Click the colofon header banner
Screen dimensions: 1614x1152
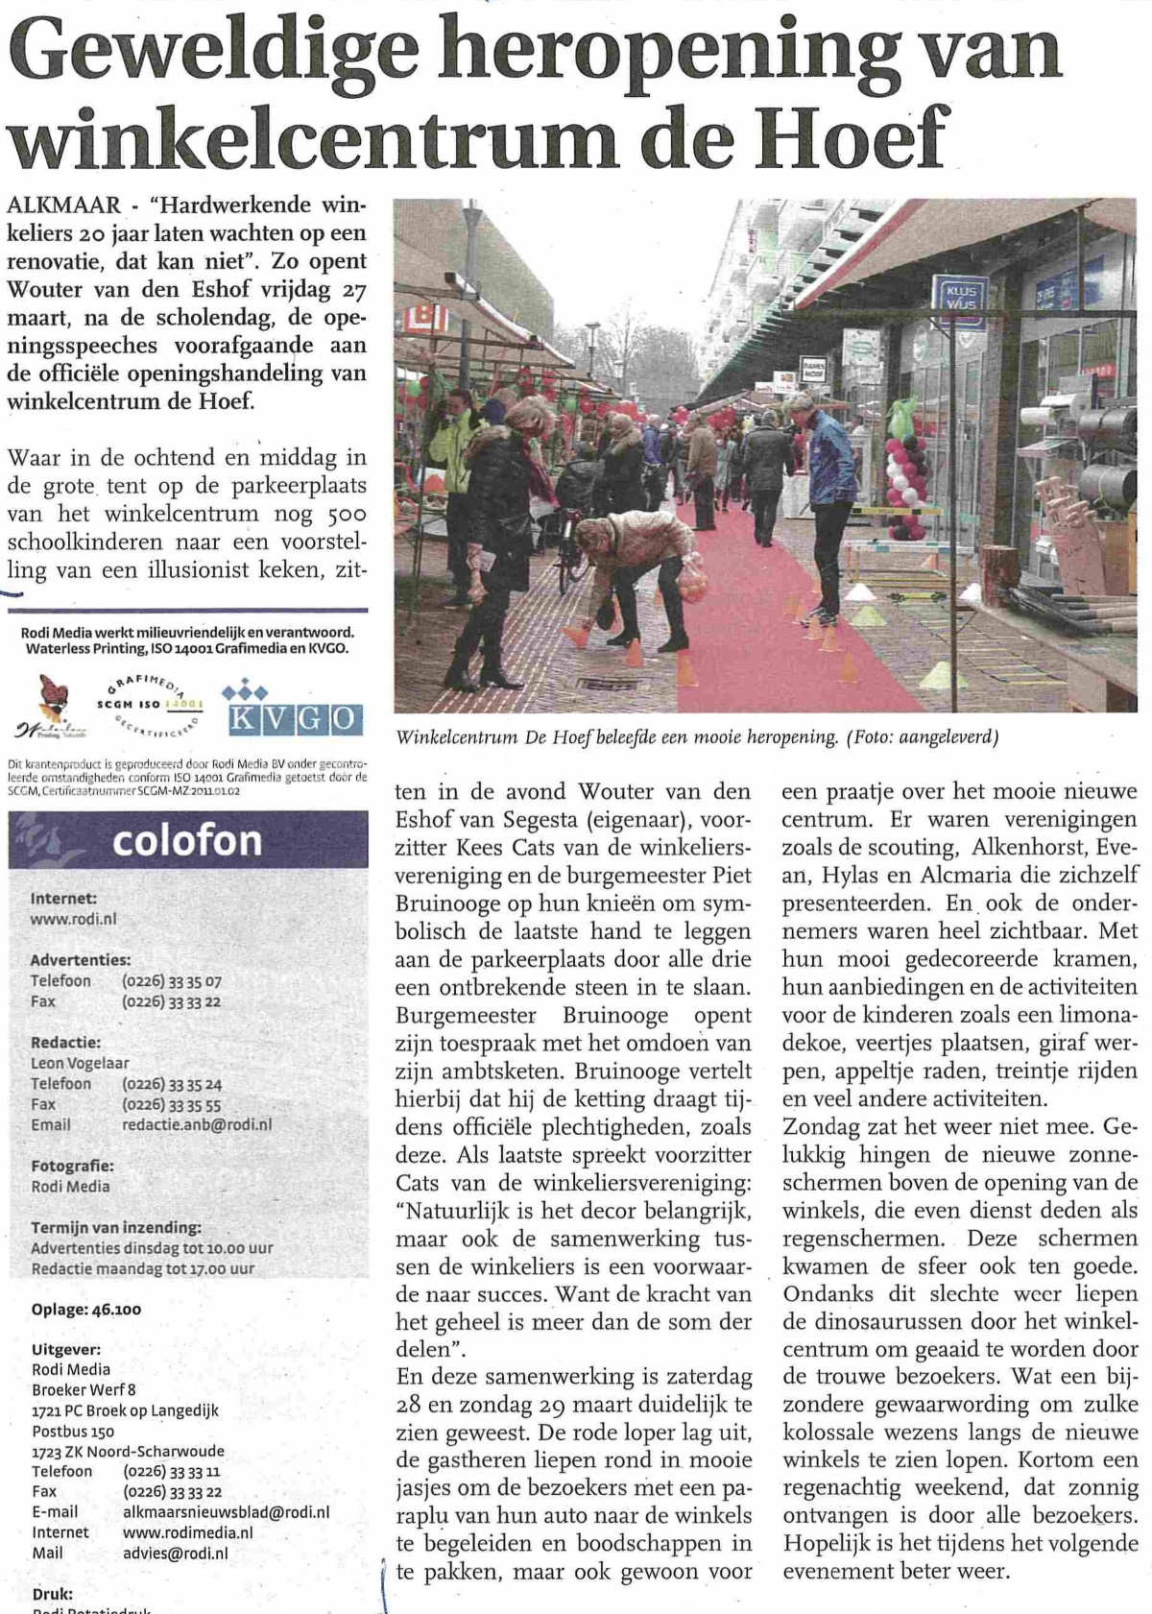[188, 840]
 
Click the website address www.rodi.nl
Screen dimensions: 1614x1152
[74, 919]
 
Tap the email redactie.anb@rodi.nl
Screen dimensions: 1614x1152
[197, 1124]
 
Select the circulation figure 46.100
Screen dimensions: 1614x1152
[112, 1309]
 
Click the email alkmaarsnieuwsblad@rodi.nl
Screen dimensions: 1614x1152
[226, 1511]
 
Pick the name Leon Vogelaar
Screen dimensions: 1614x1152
[81, 1063]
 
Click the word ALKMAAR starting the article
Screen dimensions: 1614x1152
[64, 205]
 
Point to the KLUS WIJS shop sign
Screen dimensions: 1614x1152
[960, 295]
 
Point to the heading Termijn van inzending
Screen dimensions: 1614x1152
[116, 1227]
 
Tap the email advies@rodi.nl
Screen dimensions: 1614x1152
[175, 1553]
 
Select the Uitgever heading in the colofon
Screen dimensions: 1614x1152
[65, 1349]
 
